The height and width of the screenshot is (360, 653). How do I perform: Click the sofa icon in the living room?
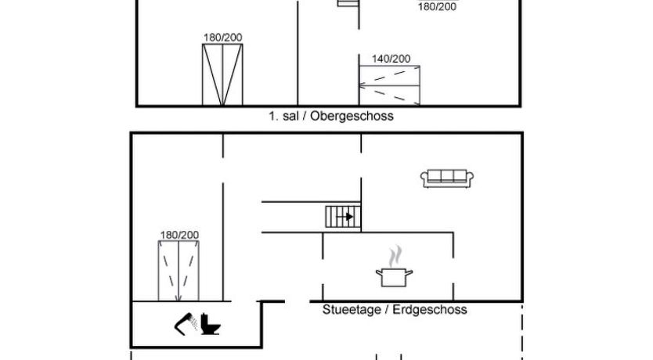coord(447,178)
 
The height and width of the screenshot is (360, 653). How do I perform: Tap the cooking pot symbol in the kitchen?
coord(394,277)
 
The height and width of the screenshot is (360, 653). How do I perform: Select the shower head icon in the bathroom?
coord(186,324)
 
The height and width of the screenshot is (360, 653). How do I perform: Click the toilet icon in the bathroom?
coord(211,324)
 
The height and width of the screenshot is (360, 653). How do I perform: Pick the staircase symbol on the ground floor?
coord(343,217)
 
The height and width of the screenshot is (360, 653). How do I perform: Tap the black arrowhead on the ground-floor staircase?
coord(349,217)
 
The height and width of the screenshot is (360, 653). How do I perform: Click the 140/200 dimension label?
coord(391,59)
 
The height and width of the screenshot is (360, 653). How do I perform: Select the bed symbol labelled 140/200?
coord(389,85)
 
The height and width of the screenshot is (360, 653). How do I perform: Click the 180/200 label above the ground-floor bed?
coord(179,235)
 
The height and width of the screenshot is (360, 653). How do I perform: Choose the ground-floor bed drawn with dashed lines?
coord(179,271)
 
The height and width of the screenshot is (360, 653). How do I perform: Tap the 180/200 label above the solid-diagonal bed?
coord(223,38)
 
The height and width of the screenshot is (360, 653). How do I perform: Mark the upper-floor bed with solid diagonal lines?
coord(222,74)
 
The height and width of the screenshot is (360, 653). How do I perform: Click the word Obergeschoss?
coord(352,116)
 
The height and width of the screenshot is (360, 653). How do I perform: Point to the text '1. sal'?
coord(283,116)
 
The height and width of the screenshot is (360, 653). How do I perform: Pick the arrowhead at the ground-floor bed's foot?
coord(179,297)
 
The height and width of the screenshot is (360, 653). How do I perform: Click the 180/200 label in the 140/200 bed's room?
coord(437,7)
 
